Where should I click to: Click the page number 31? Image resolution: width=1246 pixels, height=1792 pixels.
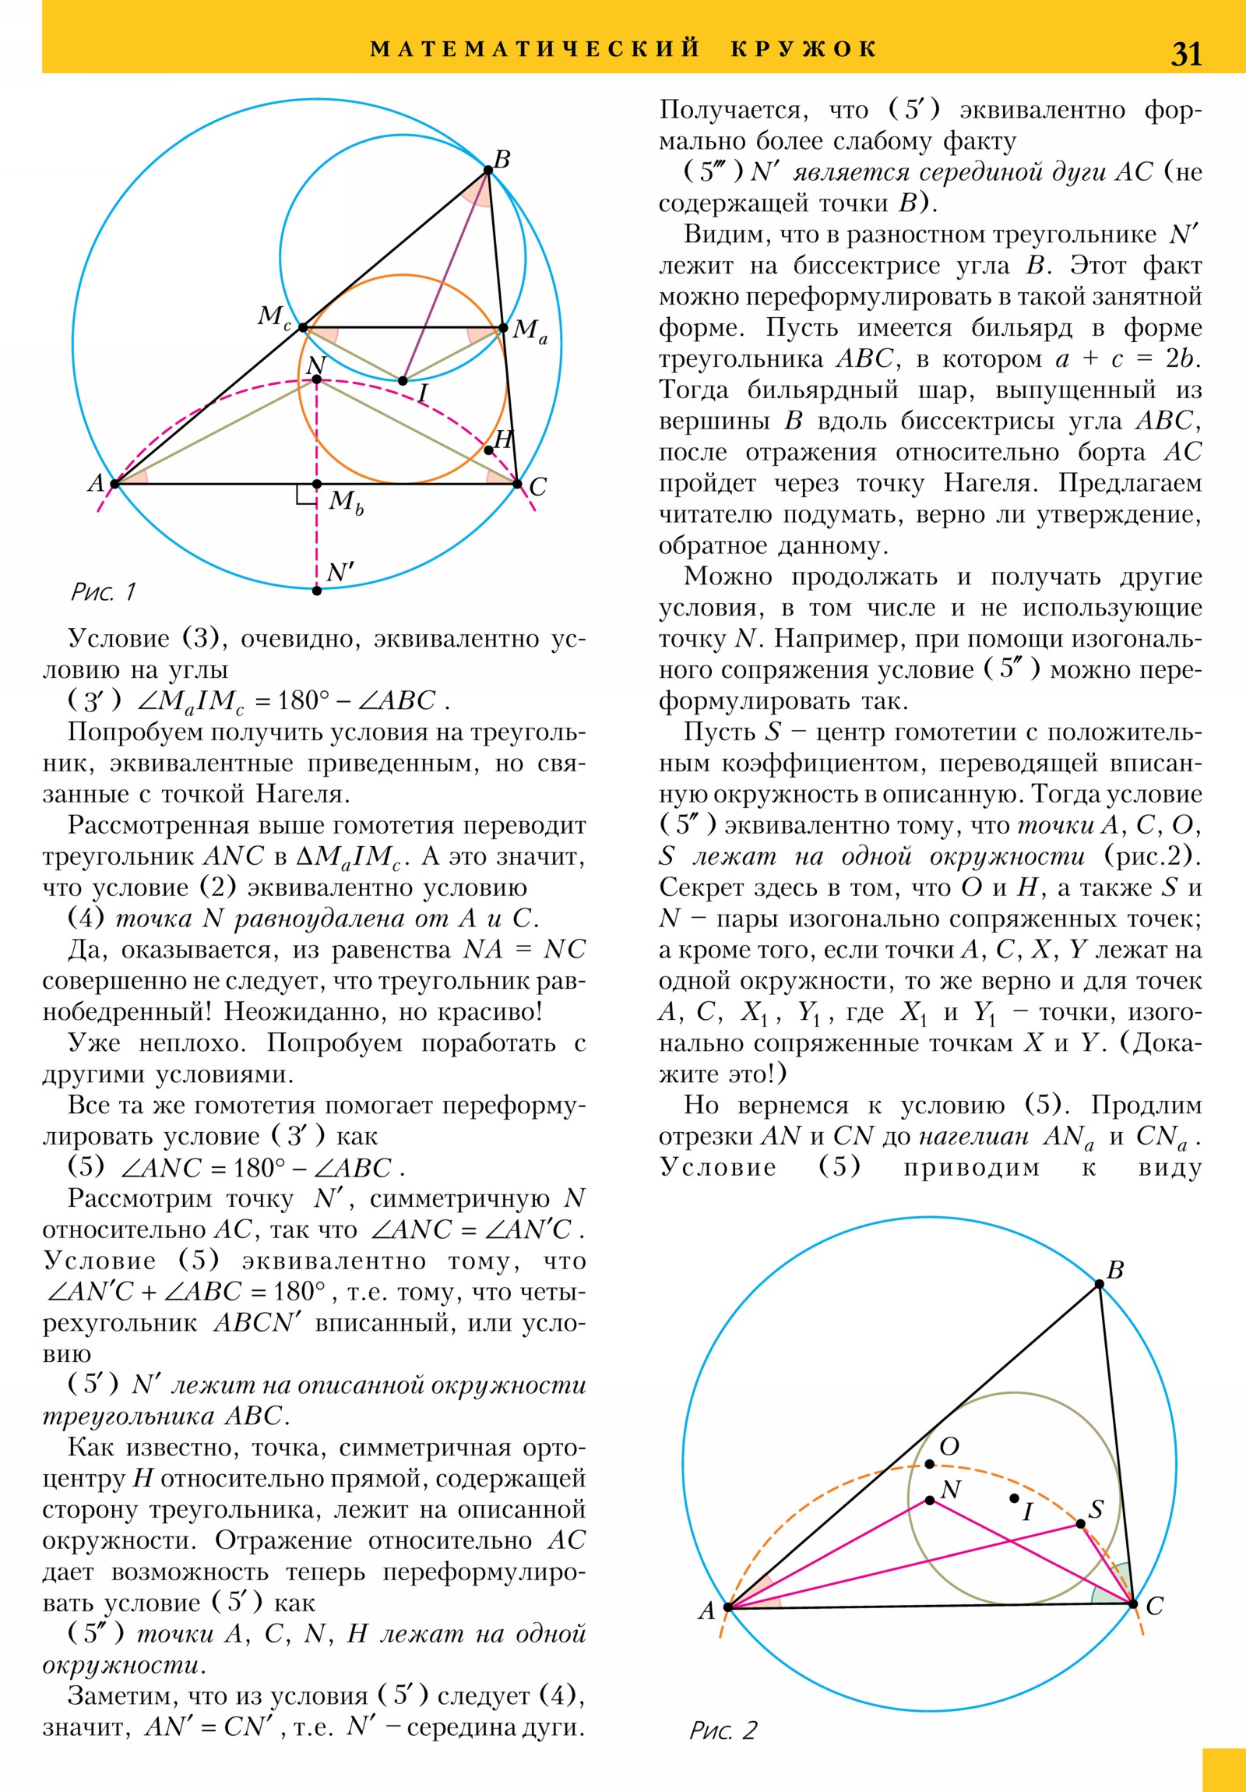click(1186, 54)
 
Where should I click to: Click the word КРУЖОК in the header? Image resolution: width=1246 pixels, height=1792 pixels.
click(804, 49)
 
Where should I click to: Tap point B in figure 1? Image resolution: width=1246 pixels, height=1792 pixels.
click(488, 170)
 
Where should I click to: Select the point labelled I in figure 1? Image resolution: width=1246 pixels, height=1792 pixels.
click(403, 381)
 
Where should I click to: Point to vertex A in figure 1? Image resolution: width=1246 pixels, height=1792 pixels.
click(114, 484)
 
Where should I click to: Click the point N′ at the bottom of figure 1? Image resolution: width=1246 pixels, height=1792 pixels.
click(317, 591)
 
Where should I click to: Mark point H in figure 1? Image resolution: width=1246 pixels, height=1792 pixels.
click(489, 450)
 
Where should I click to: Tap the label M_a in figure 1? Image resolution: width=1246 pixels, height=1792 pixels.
click(530, 331)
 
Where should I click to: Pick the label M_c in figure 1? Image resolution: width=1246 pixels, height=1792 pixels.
click(274, 317)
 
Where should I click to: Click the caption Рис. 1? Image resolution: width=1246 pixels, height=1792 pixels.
click(103, 592)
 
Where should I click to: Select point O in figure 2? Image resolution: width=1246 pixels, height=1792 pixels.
click(929, 1464)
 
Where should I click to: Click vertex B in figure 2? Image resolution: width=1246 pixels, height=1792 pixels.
click(1100, 1284)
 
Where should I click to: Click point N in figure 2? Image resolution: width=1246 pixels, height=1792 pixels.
click(930, 1500)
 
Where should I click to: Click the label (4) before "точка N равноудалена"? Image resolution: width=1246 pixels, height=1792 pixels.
click(86, 918)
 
